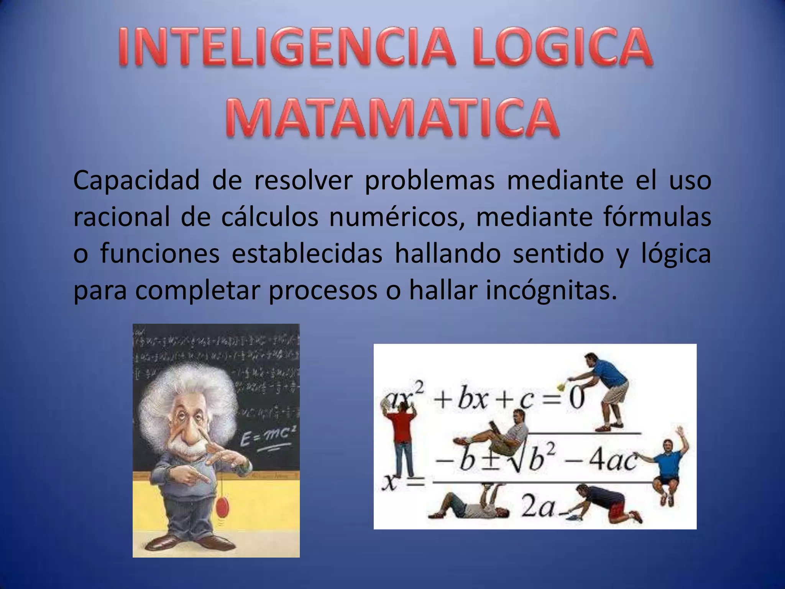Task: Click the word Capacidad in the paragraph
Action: point(136,181)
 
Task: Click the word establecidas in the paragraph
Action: point(307,253)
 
